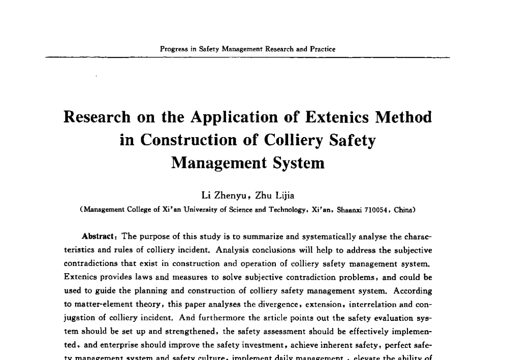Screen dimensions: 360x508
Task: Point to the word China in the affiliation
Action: click(x=404, y=209)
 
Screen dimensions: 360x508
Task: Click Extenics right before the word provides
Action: click(x=80, y=278)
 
